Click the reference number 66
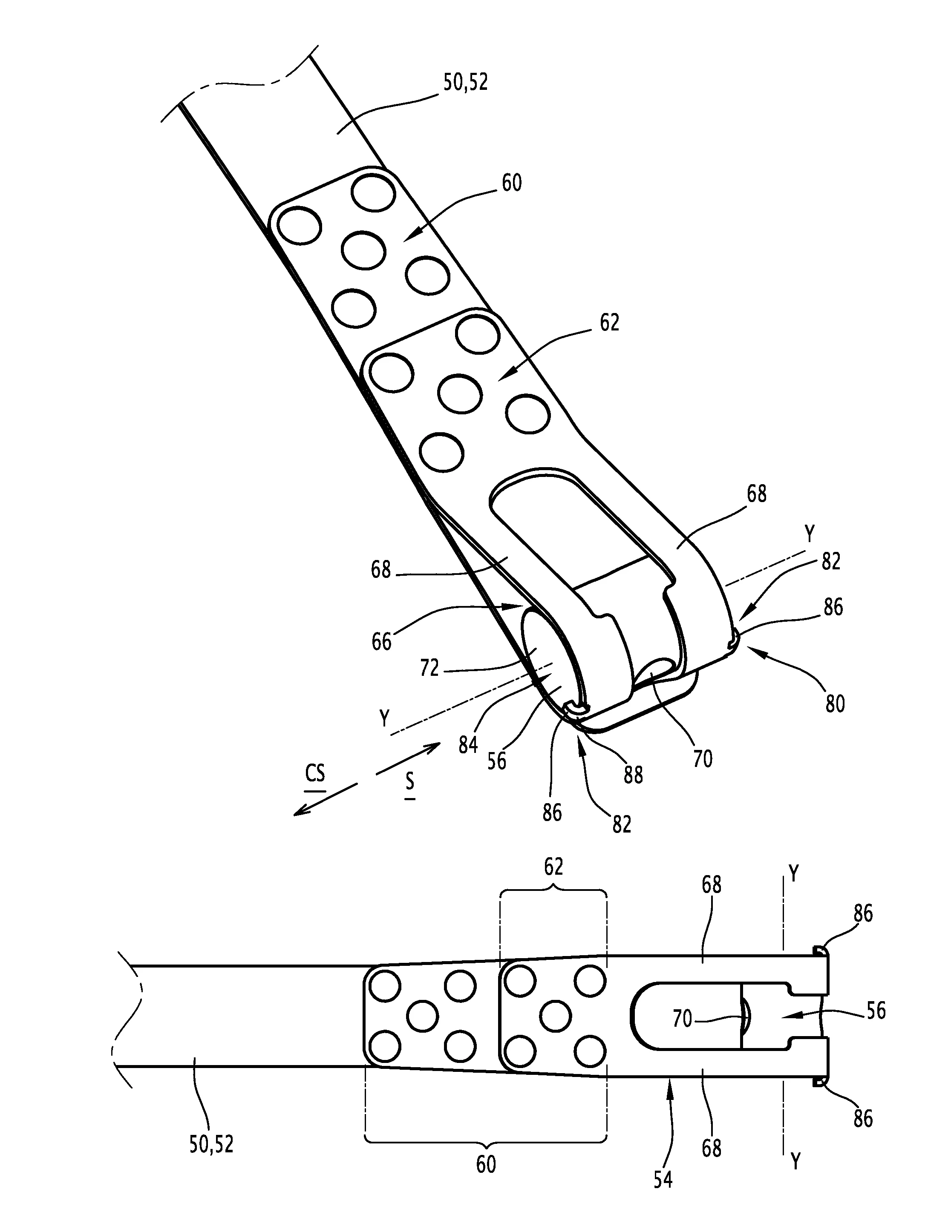tap(381, 641)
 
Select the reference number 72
tap(429, 668)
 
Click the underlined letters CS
tap(315, 774)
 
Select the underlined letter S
tap(410, 781)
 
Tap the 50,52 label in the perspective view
tap(465, 82)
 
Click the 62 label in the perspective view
tap(609, 322)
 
